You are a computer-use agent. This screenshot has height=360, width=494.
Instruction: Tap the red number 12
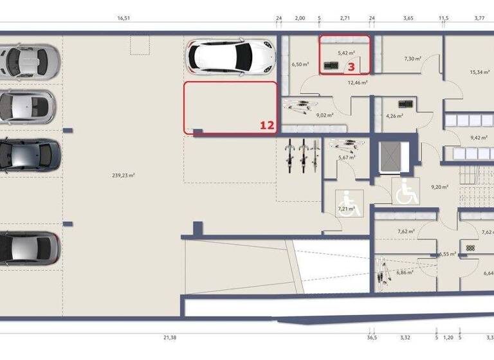click(267, 126)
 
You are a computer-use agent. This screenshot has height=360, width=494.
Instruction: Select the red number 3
click(351, 65)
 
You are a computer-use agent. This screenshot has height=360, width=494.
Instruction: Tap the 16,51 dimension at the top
click(124, 19)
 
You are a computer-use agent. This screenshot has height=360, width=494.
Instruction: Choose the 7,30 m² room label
click(412, 59)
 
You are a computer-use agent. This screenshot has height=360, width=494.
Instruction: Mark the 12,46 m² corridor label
click(357, 82)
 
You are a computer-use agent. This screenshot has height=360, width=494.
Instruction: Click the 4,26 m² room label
click(394, 116)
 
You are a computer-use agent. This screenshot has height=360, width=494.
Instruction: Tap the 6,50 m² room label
click(300, 64)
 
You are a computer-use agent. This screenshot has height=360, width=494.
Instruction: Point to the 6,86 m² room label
click(405, 272)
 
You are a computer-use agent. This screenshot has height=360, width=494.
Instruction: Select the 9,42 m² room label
click(479, 137)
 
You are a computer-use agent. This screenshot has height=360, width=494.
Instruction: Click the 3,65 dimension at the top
click(408, 19)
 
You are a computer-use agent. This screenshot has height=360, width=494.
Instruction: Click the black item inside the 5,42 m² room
click(333, 65)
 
